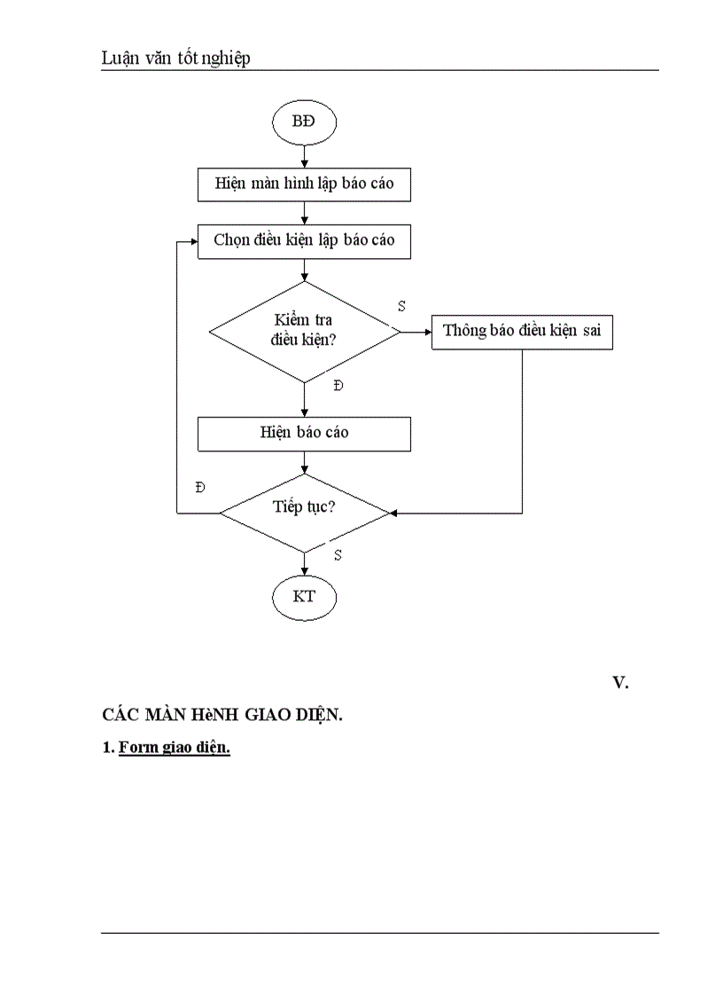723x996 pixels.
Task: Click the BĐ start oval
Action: click(x=304, y=123)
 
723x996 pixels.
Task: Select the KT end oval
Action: click(x=304, y=597)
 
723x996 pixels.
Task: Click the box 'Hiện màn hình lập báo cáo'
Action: click(x=304, y=184)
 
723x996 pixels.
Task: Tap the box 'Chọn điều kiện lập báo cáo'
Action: click(x=304, y=240)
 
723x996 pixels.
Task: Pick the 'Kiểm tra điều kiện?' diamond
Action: click(x=304, y=332)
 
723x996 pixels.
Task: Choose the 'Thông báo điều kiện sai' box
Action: click(x=522, y=332)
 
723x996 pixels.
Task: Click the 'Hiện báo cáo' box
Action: click(x=304, y=433)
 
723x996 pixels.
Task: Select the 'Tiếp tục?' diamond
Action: click(x=304, y=513)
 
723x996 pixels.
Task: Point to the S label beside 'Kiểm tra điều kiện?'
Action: click(x=401, y=305)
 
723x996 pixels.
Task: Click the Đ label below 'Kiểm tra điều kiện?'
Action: click(x=338, y=386)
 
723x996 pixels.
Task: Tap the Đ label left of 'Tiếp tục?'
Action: click(x=200, y=488)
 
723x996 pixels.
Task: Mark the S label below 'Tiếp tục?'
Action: click(x=338, y=554)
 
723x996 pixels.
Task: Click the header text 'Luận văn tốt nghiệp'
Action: click(x=176, y=59)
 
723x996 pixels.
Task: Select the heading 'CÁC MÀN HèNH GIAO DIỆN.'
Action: click(x=222, y=716)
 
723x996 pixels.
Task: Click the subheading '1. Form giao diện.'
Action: click(x=167, y=748)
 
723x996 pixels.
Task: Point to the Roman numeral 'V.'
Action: click(x=620, y=682)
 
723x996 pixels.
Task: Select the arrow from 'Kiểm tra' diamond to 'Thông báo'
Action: click(x=415, y=332)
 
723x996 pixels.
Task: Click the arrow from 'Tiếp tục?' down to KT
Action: click(x=304, y=562)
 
